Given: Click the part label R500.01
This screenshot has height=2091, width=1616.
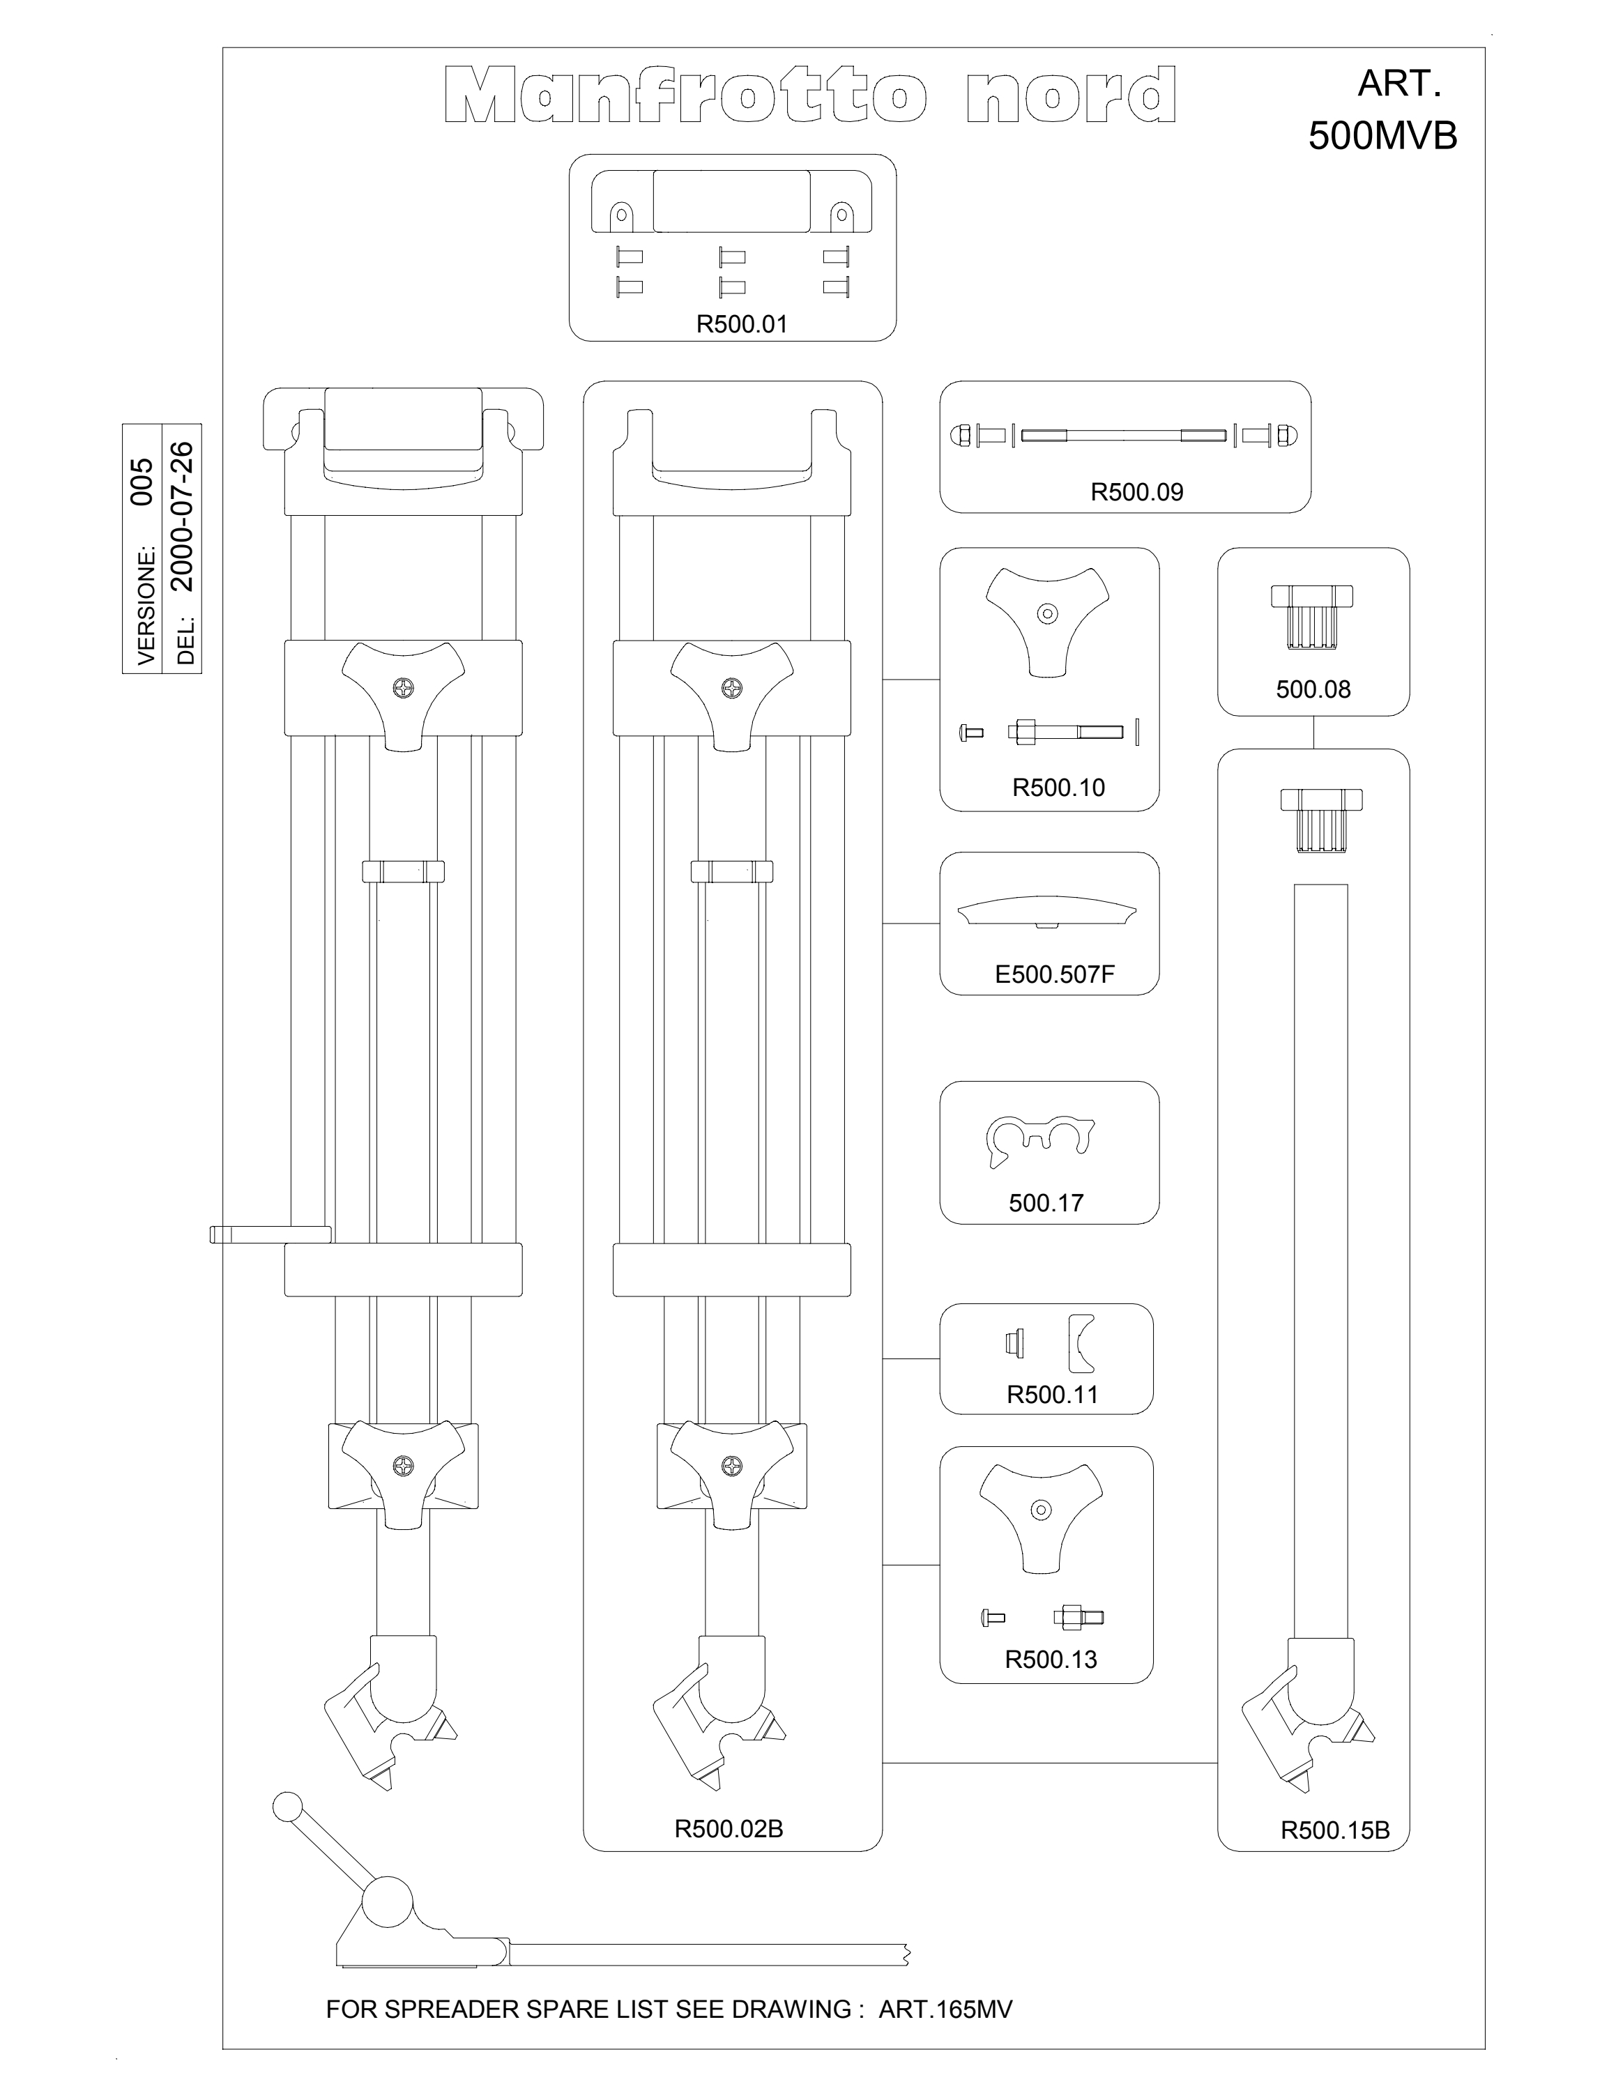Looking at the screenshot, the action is [742, 325].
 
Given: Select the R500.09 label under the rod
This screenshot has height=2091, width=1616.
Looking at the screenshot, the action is [1136, 492].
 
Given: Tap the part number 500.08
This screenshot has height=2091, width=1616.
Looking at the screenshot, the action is [1313, 689].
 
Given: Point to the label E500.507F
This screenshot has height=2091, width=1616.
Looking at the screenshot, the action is [1055, 974].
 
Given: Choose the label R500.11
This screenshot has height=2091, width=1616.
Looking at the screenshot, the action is [1052, 1395].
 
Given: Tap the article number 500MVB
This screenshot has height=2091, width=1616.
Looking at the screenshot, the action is [1382, 136].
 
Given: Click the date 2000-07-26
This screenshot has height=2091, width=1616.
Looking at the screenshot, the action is [182, 516].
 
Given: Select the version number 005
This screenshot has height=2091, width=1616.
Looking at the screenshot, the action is [142, 482].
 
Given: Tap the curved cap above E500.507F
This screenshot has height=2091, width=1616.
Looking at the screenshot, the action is [1049, 910].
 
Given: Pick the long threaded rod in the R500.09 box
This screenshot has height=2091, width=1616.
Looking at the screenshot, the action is [1123, 436].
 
